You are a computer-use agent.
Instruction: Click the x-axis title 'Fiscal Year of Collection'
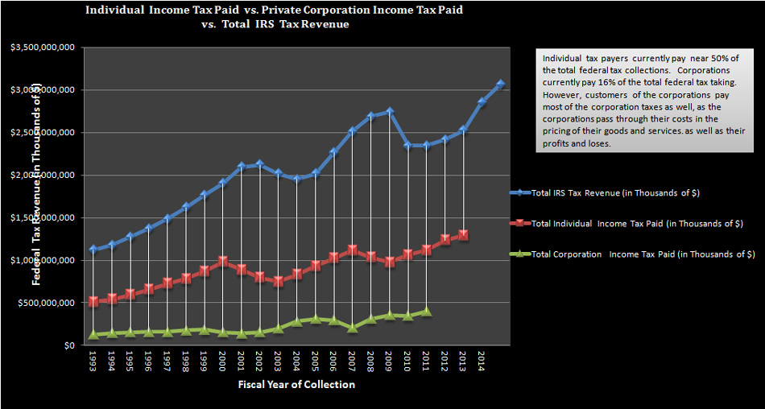point(296,384)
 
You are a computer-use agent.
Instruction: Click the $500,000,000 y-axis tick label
point(47,303)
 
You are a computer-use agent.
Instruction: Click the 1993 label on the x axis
point(93,361)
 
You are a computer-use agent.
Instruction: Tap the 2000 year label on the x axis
point(223,361)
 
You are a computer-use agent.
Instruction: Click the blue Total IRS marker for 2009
point(390,112)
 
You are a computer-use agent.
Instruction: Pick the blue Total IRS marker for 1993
point(93,249)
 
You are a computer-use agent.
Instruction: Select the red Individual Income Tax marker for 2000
point(223,262)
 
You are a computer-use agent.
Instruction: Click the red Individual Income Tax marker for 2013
point(463,235)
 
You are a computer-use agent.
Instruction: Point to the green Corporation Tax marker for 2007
point(353,328)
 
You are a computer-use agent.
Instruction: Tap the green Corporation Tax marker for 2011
point(426,311)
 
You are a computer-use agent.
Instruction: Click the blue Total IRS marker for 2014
point(482,102)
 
